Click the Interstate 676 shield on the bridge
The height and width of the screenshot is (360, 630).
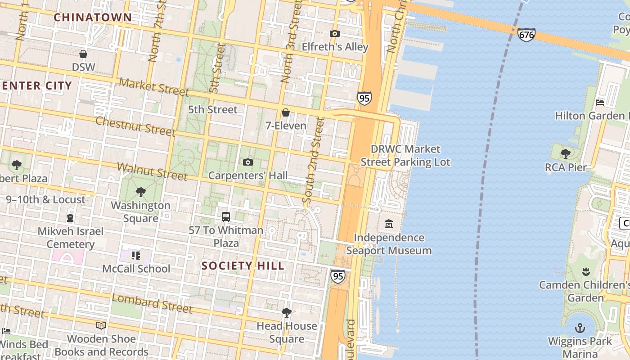[526, 34]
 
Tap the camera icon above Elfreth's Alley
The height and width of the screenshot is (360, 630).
[334, 33]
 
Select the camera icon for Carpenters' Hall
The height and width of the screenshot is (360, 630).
[247, 162]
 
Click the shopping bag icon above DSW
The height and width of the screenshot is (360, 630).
[83, 54]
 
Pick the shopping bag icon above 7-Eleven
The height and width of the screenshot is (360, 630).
[285, 112]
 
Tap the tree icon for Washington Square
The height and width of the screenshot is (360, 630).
[140, 192]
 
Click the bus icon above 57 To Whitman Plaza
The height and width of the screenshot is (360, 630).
[226, 217]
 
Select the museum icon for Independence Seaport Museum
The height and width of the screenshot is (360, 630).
[389, 224]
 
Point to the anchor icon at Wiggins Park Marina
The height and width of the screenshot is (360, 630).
[580, 328]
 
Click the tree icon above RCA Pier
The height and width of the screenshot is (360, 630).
[566, 154]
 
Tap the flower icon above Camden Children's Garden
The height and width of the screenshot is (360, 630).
[585, 271]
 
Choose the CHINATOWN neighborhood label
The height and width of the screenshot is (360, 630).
[93, 18]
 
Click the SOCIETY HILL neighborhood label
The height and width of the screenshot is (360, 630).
[243, 266]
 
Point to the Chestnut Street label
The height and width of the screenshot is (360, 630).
[135, 126]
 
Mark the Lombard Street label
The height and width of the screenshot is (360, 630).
[152, 303]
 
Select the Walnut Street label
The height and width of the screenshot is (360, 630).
[152, 171]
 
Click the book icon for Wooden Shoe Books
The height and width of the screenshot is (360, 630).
[101, 325]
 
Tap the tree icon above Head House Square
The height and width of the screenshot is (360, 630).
[286, 312]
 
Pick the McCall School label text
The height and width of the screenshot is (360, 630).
[136, 269]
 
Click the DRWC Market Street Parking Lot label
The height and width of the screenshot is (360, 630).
[405, 155]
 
